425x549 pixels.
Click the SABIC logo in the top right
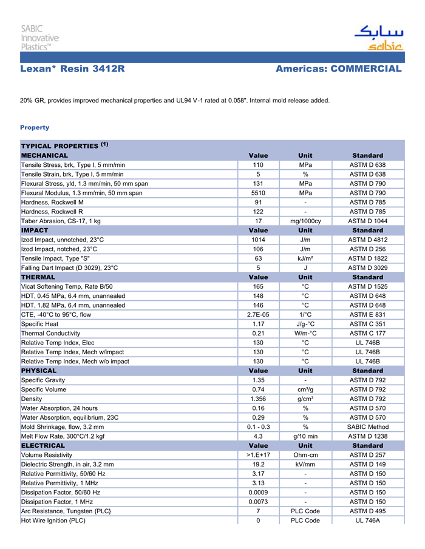[x=379, y=38]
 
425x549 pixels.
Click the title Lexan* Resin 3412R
[x=72, y=69]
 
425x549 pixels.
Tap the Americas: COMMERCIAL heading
[x=338, y=69]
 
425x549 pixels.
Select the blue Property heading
[x=35, y=127]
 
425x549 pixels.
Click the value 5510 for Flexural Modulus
[x=258, y=193]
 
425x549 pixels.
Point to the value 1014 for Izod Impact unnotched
[x=258, y=240]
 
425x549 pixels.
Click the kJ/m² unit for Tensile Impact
[x=305, y=258]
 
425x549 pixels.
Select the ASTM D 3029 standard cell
[x=367, y=268]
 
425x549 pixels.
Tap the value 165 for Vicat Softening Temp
[x=258, y=286]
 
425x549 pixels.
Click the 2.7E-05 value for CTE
[x=258, y=314]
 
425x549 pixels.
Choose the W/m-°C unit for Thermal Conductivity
[x=305, y=333]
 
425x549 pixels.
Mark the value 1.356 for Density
[x=258, y=399]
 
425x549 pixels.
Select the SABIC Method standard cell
[x=367, y=426]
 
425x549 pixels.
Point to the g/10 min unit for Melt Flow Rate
[x=305, y=436]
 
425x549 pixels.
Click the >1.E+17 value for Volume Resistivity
[x=258, y=454]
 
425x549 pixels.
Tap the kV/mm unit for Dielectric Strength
[x=305, y=464]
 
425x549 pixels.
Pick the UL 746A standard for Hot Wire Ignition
[x=367, y=520]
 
